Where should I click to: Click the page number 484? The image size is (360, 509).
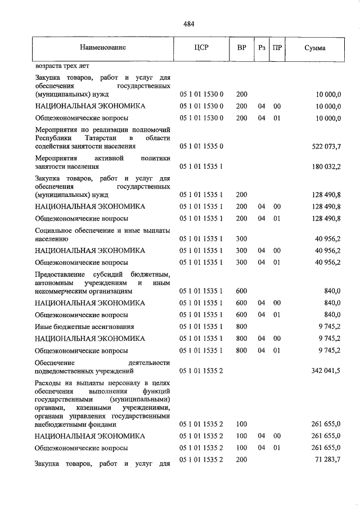coord(189,24)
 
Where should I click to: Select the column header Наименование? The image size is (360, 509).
coord(103,49)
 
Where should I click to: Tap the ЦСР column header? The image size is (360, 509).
coord(202,49)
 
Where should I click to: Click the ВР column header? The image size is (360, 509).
coord(241,49)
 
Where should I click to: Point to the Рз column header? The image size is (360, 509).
coord(262,49)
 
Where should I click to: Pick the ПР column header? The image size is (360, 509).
coord(277,49)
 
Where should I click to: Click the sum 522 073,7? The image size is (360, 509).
coord(326,146)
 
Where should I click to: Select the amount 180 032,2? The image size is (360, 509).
coord(326,166)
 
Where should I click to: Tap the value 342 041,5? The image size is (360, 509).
coord(326,371)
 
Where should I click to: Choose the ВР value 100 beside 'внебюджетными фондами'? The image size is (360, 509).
coord(241,425)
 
